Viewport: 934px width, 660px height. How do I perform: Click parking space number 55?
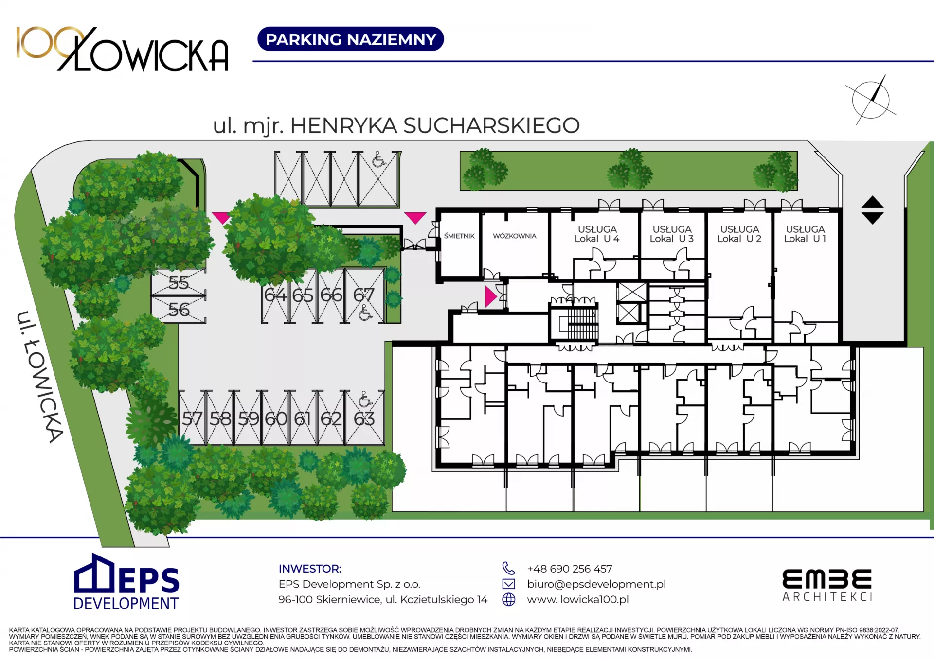(179, 282)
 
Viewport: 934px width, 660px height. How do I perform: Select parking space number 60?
(276, 418)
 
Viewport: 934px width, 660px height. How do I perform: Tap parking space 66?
(331, 295)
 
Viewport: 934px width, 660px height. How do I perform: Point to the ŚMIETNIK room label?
(459, 236)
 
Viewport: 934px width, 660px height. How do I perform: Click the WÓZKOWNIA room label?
(514, 236)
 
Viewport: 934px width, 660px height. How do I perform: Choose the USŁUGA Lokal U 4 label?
(597, 234)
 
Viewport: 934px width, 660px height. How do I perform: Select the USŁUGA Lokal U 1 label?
(805, 234)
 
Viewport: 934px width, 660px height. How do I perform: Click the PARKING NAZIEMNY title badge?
(350, 39)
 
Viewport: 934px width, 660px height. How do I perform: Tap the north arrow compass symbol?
(871, 100)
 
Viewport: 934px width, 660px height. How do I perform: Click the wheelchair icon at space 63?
(365, 399)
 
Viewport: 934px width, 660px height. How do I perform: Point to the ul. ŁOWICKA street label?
(40, 377)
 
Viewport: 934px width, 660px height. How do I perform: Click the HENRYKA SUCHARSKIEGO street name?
(435, 125)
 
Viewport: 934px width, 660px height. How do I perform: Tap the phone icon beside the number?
(508, 568)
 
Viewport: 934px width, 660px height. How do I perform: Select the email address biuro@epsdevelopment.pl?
(596, 584)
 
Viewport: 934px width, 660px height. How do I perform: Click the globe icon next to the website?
(508, 599)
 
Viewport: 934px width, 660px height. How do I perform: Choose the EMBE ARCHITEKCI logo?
(827, 585)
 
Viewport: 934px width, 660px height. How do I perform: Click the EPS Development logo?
(126, 582)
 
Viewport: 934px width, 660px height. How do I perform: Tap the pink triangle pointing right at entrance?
(490, 296)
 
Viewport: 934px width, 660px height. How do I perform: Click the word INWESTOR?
(310, 569)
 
